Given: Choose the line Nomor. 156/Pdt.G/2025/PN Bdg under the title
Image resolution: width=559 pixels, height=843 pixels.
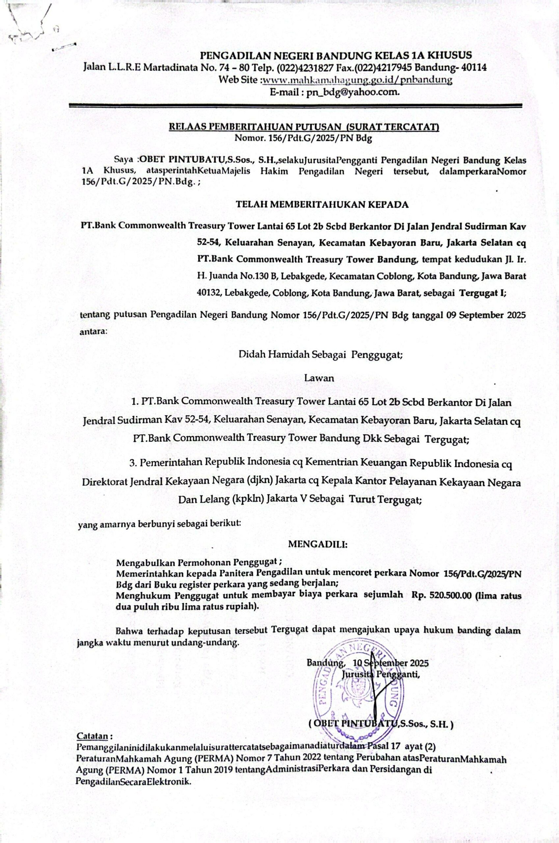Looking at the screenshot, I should point(303,138).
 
